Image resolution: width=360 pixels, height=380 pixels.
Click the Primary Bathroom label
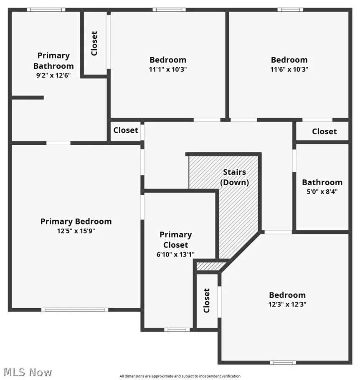coord(53,61)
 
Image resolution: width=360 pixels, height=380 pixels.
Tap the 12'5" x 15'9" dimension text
coord(76,231)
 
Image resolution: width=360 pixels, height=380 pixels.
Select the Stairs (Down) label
coord(234,177)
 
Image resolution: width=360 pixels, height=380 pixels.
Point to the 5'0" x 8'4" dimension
coord(322,192)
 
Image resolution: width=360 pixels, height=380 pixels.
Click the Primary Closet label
coord(176,240)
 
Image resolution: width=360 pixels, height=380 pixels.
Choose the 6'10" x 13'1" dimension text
coord(176,254)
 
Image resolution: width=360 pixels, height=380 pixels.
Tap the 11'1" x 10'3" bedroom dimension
coord(168,69)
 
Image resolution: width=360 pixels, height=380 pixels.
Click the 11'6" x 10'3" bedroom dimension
coord(289,69)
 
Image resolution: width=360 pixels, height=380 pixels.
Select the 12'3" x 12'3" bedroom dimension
coord(287,305)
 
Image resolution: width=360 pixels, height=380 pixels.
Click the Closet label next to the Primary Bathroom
coord(94,43)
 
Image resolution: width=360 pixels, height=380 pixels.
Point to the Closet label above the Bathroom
coord(325,131)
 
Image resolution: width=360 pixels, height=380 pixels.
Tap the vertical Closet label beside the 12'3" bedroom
coord(206,300)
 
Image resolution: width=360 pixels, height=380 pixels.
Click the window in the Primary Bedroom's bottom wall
coord(75,310)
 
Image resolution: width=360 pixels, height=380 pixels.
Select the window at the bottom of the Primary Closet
coord(177,330)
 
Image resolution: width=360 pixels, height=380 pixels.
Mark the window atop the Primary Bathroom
coord(46,10)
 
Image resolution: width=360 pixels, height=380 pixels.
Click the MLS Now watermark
coord(28,372)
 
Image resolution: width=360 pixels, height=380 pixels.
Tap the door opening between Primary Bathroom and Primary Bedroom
coord(58,143)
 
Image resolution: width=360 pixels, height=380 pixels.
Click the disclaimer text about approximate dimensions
coord(180,376)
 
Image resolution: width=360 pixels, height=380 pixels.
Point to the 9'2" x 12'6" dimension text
coord(53,75)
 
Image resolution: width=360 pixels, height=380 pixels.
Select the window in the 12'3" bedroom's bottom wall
coord(283,362)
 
